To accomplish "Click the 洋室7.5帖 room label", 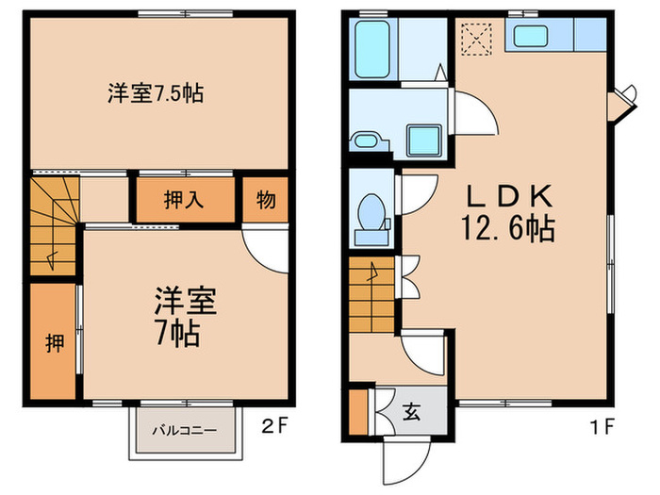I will click(x=156, y=93).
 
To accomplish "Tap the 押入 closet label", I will click(x=185, y=199).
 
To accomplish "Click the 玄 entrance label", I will click(x=413, y=411).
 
